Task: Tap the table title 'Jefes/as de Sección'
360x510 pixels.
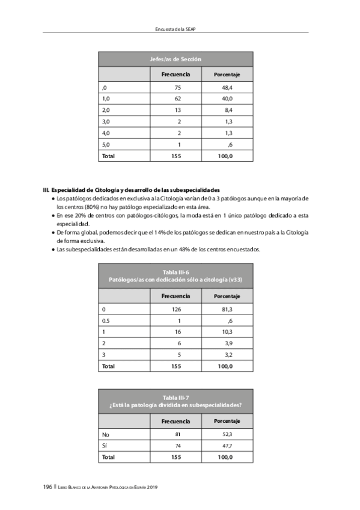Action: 175,59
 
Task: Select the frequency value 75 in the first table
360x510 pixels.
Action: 177,88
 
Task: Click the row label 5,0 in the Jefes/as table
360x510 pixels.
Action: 106,144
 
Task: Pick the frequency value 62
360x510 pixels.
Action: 177,99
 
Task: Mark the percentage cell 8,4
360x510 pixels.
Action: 227,111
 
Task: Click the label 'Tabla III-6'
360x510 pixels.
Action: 175,274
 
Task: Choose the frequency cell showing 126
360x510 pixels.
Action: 176,309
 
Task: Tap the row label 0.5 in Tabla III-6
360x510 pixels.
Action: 106,321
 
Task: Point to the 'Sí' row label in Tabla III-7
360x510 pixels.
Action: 105,446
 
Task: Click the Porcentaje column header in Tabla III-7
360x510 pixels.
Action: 227,421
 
